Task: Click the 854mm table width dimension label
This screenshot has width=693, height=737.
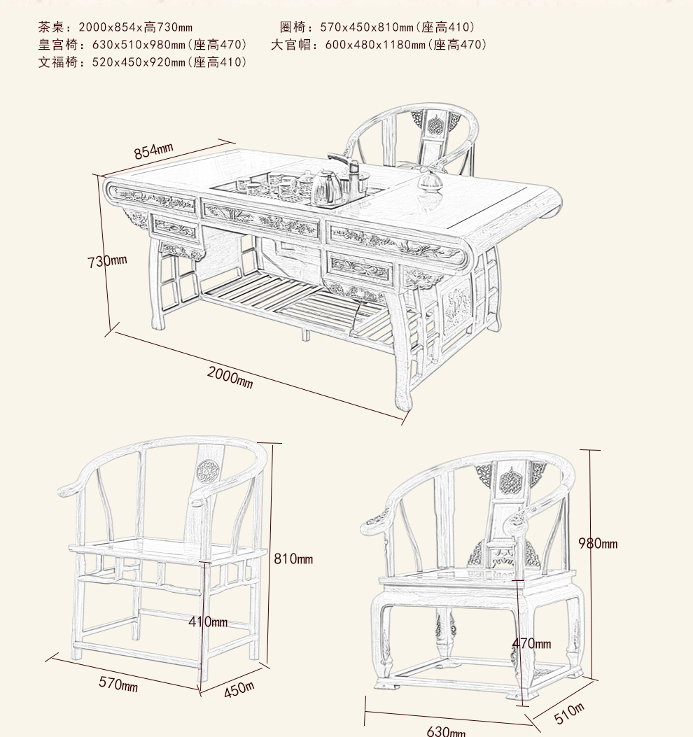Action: [153, 150]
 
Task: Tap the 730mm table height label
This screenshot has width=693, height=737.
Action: [107, 261]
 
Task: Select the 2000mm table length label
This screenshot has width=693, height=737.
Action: [230, 377]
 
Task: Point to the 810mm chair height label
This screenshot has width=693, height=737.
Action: [293, 559]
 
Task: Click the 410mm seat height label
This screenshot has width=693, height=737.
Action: [208, 622]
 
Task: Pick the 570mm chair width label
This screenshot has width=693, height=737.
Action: [118, 684]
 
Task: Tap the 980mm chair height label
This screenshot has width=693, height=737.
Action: [598, 543]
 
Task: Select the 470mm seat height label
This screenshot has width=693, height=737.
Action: [531, 643]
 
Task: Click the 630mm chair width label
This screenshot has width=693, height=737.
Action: [446, 731]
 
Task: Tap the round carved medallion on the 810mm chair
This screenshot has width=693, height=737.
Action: [206, 471]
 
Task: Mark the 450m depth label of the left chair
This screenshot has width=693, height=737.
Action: [239, 689]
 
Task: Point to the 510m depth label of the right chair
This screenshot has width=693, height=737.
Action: [569, 713]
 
